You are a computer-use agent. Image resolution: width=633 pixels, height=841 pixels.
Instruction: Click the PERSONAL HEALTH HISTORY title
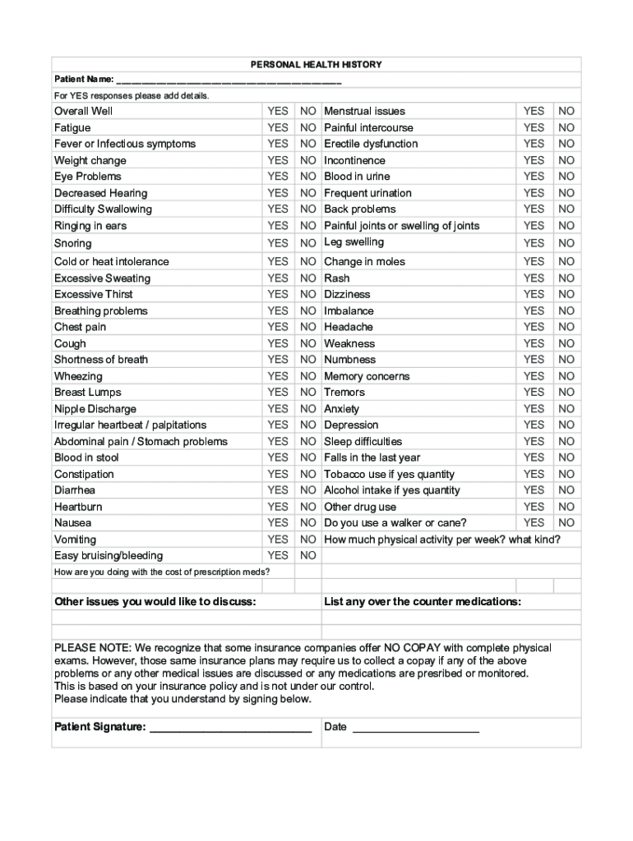pyautogui.click(x=316, y=65)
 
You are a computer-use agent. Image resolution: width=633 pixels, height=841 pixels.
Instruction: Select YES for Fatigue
pyautogui.click(x=278, y=127)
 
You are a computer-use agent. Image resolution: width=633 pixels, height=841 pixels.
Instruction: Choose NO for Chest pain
pyautogui.click(x=308, y=327)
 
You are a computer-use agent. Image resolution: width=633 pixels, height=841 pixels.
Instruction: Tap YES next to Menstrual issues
pyautogui.click(x=534, y=111)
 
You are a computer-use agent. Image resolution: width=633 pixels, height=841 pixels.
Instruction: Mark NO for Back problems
pyautogui.click(x=566, y=209)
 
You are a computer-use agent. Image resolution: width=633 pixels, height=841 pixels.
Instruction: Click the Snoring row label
pyautogui.click(x=73, y=243)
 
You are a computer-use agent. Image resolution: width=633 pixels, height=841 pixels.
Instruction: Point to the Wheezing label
pyautogui.click(x=78, y=376)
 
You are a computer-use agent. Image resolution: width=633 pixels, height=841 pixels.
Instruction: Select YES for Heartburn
pyautogui.click(x=278, y=507)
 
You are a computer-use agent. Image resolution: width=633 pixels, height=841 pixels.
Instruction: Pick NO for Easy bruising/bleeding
pyautogui.click(x=308, y=556)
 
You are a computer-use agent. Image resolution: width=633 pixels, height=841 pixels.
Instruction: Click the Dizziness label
pyautogui.click(x=347, y=294)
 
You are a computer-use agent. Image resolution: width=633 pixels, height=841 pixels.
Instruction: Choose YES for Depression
pyautogui.click(x=534, y=425)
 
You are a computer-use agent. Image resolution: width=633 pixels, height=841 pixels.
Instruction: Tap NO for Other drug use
pyautogui.click(x=566, y=507)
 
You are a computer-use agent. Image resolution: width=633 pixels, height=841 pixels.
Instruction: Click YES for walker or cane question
pyautogui.click(x=534, y=522)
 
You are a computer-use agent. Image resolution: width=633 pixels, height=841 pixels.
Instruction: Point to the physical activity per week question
pyautogui.click(x=442, y=540)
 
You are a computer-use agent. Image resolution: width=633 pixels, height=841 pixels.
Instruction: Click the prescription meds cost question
pyautogui.click(x=162, y=572)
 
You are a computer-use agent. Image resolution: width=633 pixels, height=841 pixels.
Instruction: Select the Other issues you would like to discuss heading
pyautogui.click(x=155, y=602)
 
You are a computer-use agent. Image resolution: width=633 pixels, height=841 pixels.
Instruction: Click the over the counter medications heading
pyautogui.click(x=423, y=602)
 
